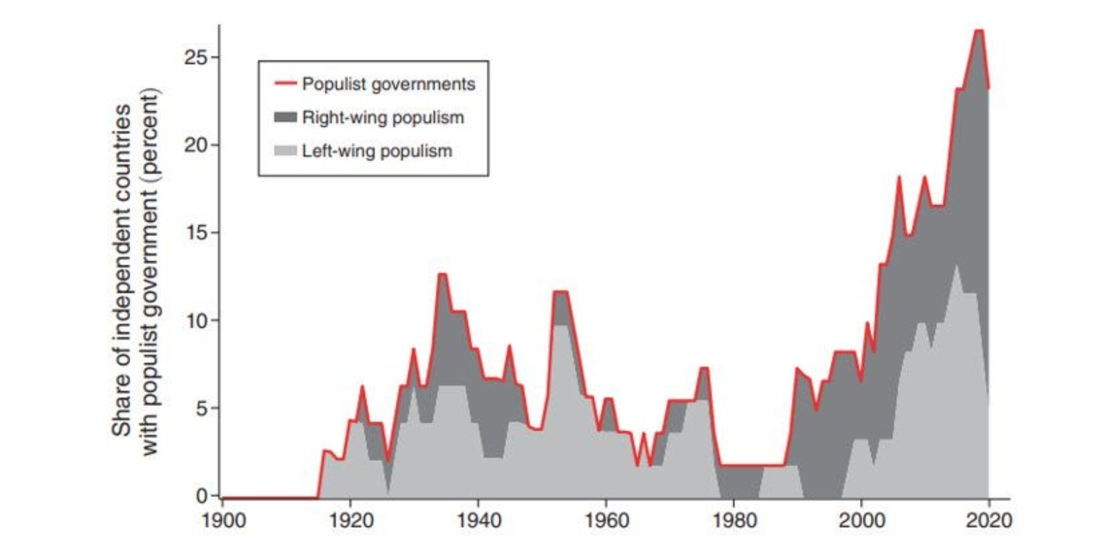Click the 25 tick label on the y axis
(195, 57)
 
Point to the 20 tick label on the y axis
(195, 145)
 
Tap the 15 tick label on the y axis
(195, 233)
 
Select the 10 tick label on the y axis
(195, 320)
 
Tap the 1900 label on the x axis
(223, 521)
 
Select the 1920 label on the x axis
(351, 521)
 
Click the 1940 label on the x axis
(479, 521)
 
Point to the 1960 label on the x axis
(606, 521)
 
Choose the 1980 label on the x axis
(734, 521)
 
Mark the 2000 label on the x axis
(861, 521)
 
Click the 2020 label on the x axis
(988, 521)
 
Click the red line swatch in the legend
(285, 84)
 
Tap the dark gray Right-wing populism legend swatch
(285, 117)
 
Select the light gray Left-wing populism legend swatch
(285, 151)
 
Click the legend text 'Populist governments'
(388, 84)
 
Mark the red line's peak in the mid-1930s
(442, 274)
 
